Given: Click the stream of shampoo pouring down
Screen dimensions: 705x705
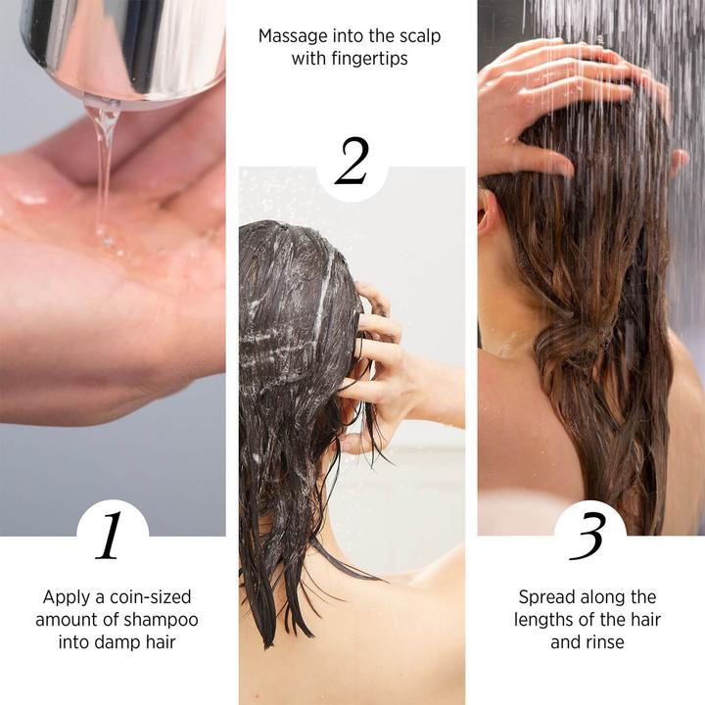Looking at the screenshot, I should coord(102,166).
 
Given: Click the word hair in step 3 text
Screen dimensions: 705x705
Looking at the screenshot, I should coord(643,620).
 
